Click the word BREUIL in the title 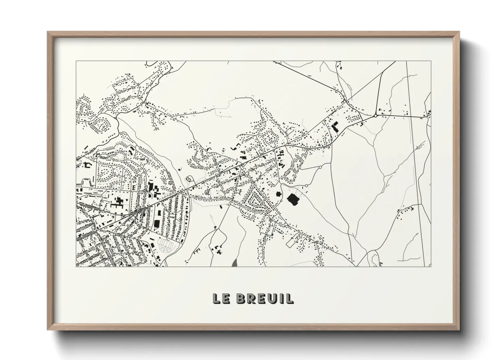tap(264, 298)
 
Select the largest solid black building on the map tap(293, 199)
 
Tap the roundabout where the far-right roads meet tap(375, 116)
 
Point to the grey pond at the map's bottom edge tap(234, 263)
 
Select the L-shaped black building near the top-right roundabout tap(335, 127)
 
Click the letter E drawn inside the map tap(134, 187)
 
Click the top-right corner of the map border tap(431, 61)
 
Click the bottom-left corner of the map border tap(76, 266)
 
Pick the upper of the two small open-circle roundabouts tap(320, 167)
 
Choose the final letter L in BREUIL tap(289, 298)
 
